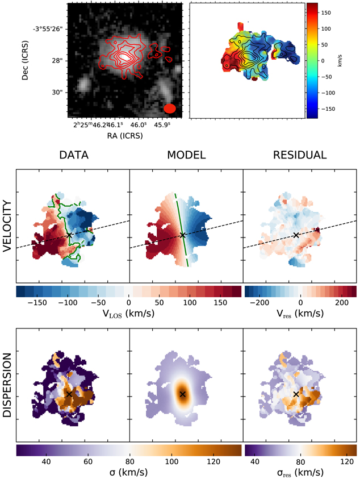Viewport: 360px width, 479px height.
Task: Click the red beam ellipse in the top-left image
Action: pos(170,108)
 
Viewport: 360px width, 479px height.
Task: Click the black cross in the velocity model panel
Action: pos(183,235)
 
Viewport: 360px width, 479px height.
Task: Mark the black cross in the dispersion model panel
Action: pos(183,394)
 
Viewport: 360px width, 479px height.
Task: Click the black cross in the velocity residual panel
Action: pos(296,235)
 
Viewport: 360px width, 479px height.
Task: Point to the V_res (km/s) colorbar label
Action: pos(300,314)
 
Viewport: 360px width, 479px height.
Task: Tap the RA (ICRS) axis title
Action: pos(124,136)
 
